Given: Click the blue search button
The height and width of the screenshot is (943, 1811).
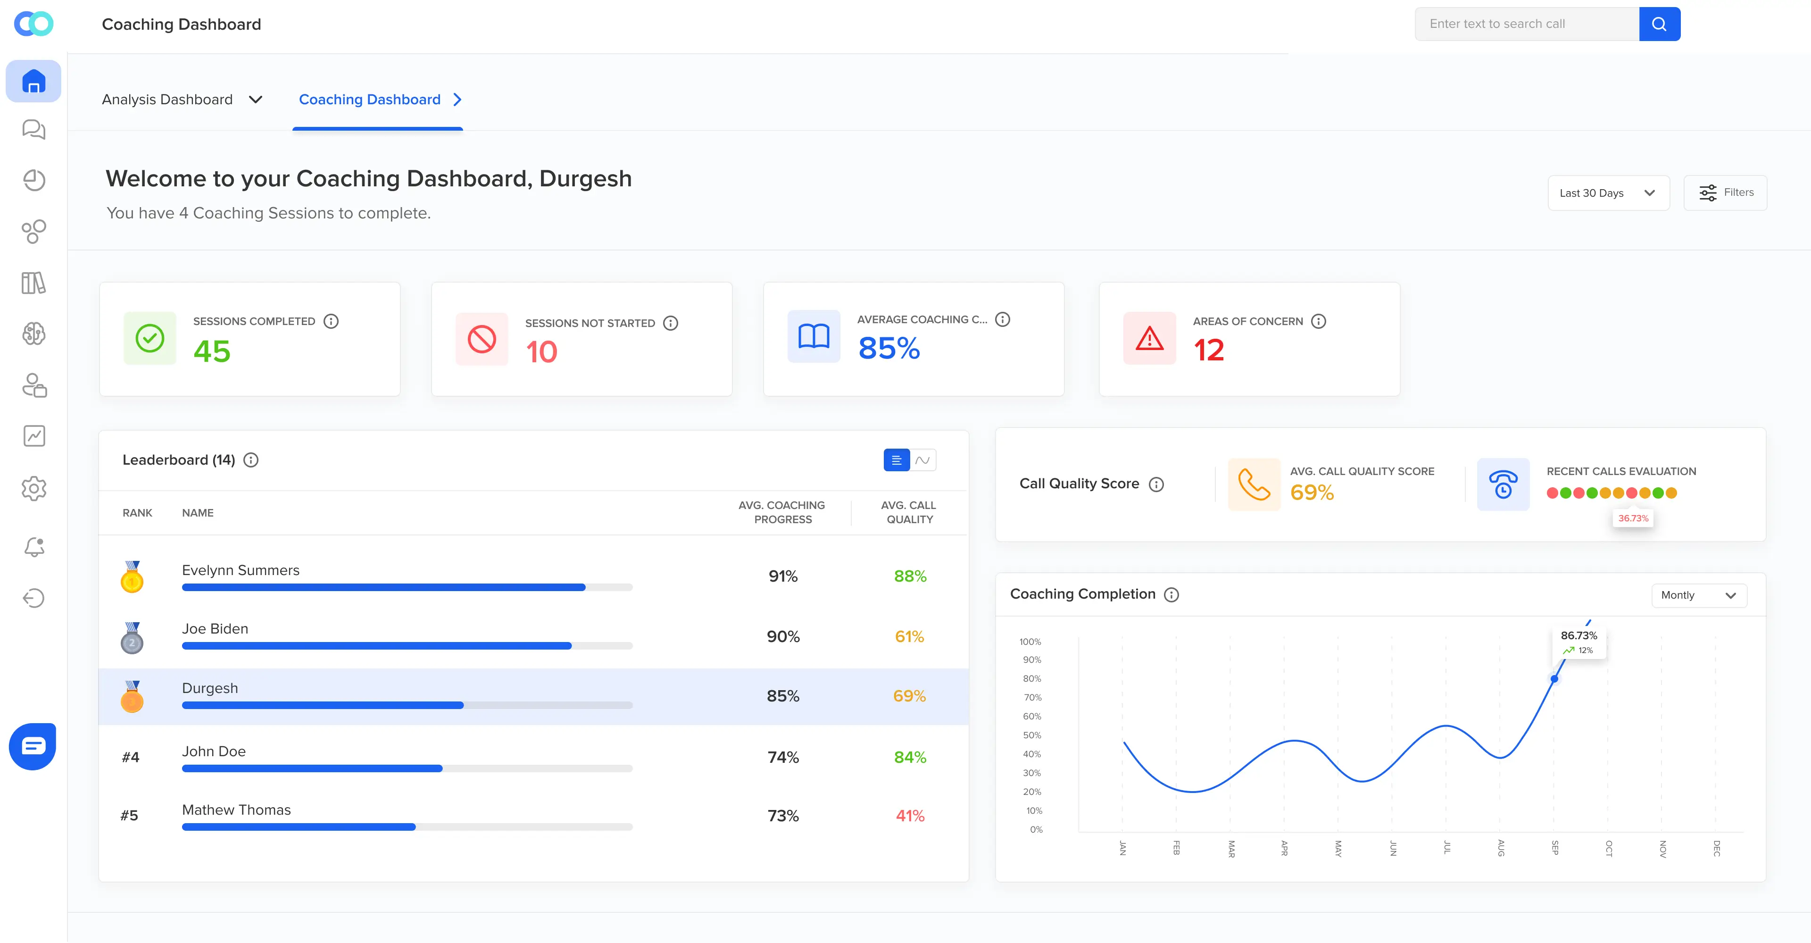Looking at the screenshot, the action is (1659, 24).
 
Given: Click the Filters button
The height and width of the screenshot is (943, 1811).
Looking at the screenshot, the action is (1725, 192).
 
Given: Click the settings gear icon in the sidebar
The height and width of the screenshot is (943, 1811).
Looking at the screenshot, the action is (34, 488).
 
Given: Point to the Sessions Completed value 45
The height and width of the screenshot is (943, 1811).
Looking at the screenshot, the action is (212, 351).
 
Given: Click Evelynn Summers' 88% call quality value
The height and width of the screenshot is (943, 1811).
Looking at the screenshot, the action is (910, 576).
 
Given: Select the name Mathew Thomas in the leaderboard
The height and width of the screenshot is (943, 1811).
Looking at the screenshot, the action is (236, 810).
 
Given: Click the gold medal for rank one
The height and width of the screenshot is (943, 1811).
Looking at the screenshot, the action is (132, 576).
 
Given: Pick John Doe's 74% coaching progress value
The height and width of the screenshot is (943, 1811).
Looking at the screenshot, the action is (783, 757).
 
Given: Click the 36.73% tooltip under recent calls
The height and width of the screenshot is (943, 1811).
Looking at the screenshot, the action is (1633, 518).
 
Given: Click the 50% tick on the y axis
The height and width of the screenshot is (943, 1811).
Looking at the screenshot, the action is (1032, 735).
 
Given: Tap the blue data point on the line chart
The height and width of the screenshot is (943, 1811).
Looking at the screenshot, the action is (1554, 679).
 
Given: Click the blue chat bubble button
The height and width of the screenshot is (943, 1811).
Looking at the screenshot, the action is (33, 746).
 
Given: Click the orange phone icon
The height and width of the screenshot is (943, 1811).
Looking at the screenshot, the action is (1254, 484).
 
